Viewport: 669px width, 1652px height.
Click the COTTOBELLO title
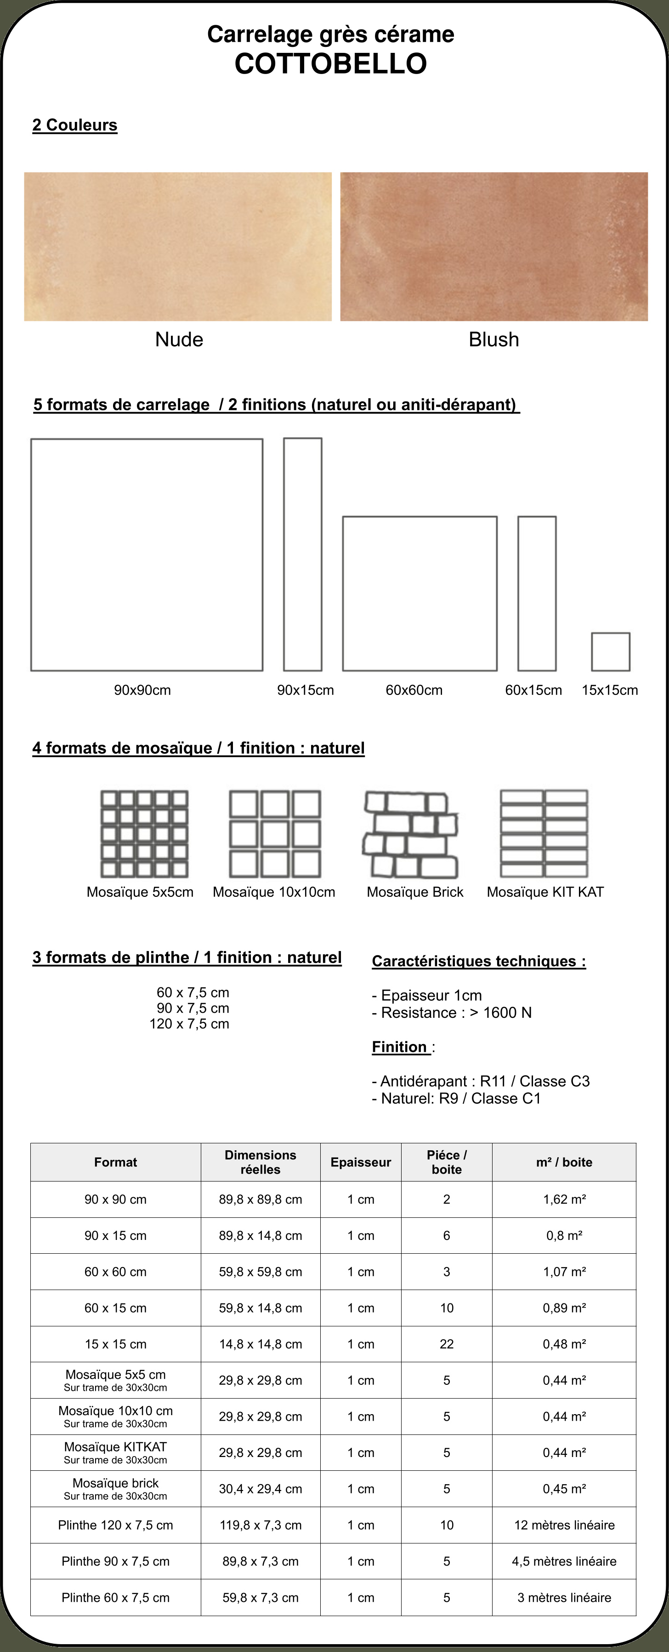tap(331, 63)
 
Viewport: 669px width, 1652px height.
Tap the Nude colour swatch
tap(178, 246)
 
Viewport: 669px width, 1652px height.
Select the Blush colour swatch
tap(494, 246)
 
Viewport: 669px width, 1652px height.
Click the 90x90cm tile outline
tap(31, 555)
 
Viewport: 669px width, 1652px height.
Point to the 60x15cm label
tap(533, 690)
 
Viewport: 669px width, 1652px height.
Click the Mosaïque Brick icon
tap(411, 834)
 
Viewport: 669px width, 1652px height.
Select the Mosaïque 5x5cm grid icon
tap(144, 834)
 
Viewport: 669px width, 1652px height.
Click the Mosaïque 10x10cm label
tap(274, 892)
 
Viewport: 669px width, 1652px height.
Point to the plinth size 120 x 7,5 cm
tap(189, 1023)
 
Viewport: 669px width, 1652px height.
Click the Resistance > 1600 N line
tap(452, 1013)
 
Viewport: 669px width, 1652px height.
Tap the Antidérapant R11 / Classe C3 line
tap(481, 1081)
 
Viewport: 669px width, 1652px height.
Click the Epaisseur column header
tap(361, 1162)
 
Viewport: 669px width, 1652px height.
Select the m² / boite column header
tap(564, 1162)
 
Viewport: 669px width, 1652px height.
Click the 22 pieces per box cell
tap(447, 1344)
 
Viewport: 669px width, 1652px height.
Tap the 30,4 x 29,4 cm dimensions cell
tap(260, 1489)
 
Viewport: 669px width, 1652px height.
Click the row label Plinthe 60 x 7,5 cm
tap(115, 1597)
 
